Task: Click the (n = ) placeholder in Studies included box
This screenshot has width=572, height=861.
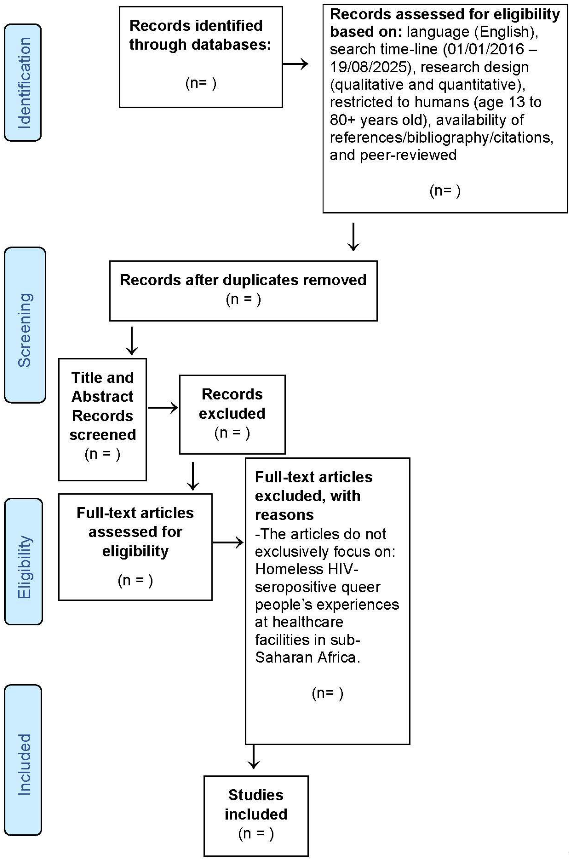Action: click(x=256, y=834)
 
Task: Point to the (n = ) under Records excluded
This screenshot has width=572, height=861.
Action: click(x=232, y=433)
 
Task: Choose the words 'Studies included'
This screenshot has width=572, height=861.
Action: click(x=256, y=804)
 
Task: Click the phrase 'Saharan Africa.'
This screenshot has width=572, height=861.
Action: click(x=307, y=657)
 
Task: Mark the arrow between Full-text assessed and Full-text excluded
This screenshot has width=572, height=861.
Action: click(x=228, y=543)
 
